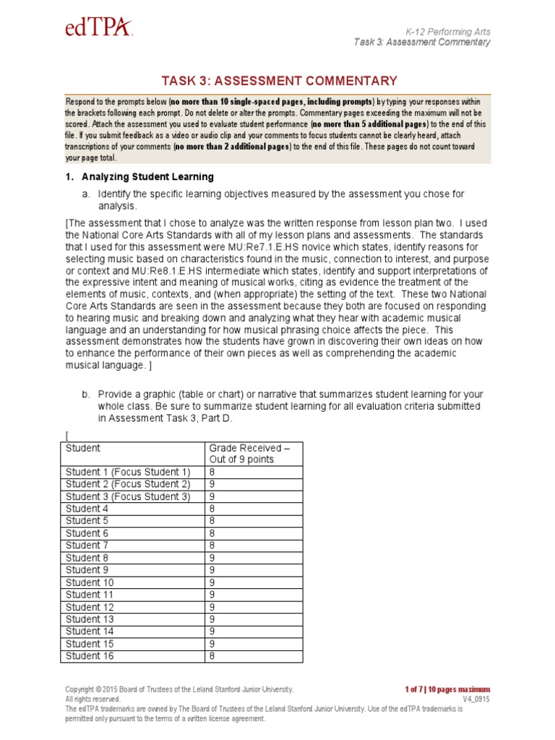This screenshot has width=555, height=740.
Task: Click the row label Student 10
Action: pos(90,582)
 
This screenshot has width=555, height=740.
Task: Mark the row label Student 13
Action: pos(90,619)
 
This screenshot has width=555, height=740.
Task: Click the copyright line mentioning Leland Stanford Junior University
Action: pos(179,689)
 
